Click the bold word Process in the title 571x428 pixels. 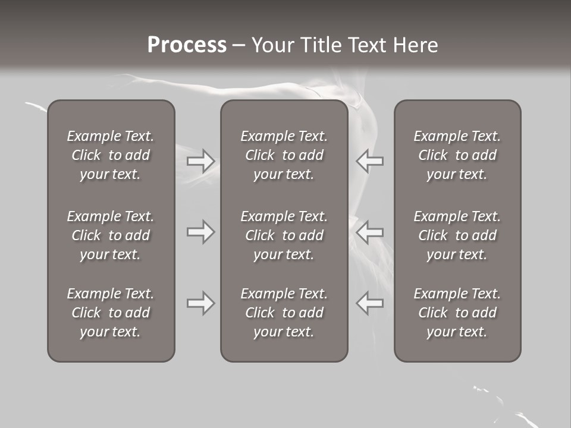click(x=187, y=45)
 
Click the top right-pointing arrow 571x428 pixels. click(x=200, y=161)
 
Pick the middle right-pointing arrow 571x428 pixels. click(x=200, y=232)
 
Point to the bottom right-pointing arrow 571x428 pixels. click(x=200, y=303)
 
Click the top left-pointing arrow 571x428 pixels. click(x=369, y=161)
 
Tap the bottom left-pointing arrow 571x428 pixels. click(x=369, y=303)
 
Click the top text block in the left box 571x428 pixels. click(x=111, y=155)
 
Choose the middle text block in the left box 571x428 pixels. click(x=111, y=235)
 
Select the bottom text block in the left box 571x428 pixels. click(x=111, y=313)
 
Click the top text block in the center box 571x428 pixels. click(x=284, y=155)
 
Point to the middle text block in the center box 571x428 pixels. click(x=284, y=235)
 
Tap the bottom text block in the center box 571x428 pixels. click(x=284, y=313)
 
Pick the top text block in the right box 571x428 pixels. click(x=457, y=155)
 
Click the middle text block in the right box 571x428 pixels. click(x=457, y=235)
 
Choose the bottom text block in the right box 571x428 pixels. click(x=457, y=313)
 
